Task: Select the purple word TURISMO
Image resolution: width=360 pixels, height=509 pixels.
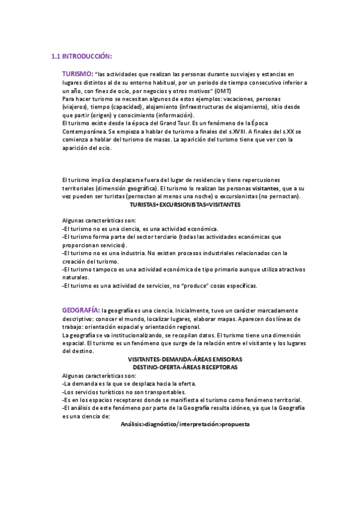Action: coord(77,73)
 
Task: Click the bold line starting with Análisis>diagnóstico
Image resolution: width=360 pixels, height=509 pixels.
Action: coord(185,424)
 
